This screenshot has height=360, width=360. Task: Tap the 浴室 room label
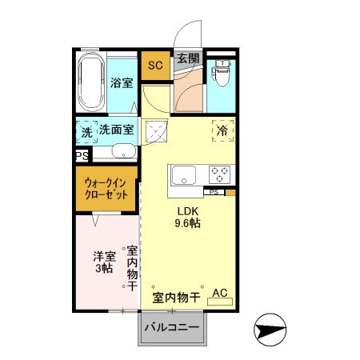[121, 82]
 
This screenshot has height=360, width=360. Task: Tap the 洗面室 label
[117, 130]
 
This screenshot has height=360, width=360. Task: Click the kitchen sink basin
[182, 174]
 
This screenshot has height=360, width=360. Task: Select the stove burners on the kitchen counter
[220, 174]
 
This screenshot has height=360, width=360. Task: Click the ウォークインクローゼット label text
[107, 189]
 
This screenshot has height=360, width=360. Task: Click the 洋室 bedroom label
[104, 257]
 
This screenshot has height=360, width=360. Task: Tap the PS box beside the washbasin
[82, 156]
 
